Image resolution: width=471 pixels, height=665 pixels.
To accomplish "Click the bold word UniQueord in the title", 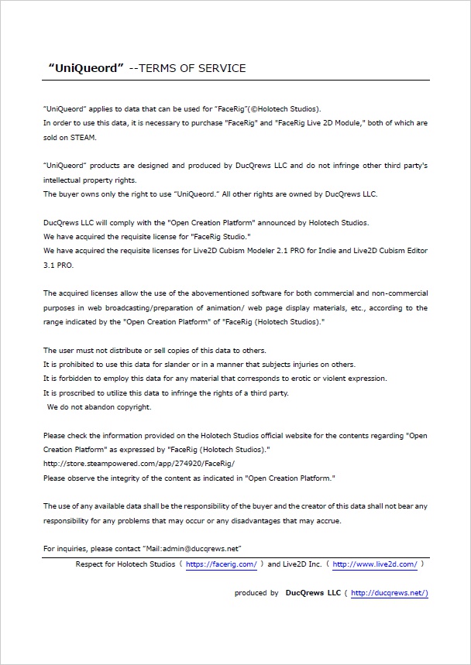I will coord(86,68).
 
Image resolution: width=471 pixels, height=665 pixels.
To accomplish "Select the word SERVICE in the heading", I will coord(222,68).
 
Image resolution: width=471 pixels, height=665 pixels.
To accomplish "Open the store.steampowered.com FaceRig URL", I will coord(139,464).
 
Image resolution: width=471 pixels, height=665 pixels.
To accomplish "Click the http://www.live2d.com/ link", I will coord(374,565).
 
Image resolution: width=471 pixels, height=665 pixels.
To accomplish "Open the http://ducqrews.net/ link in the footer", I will coord(389,594).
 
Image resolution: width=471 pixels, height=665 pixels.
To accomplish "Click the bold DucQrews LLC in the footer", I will coord(313,594).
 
